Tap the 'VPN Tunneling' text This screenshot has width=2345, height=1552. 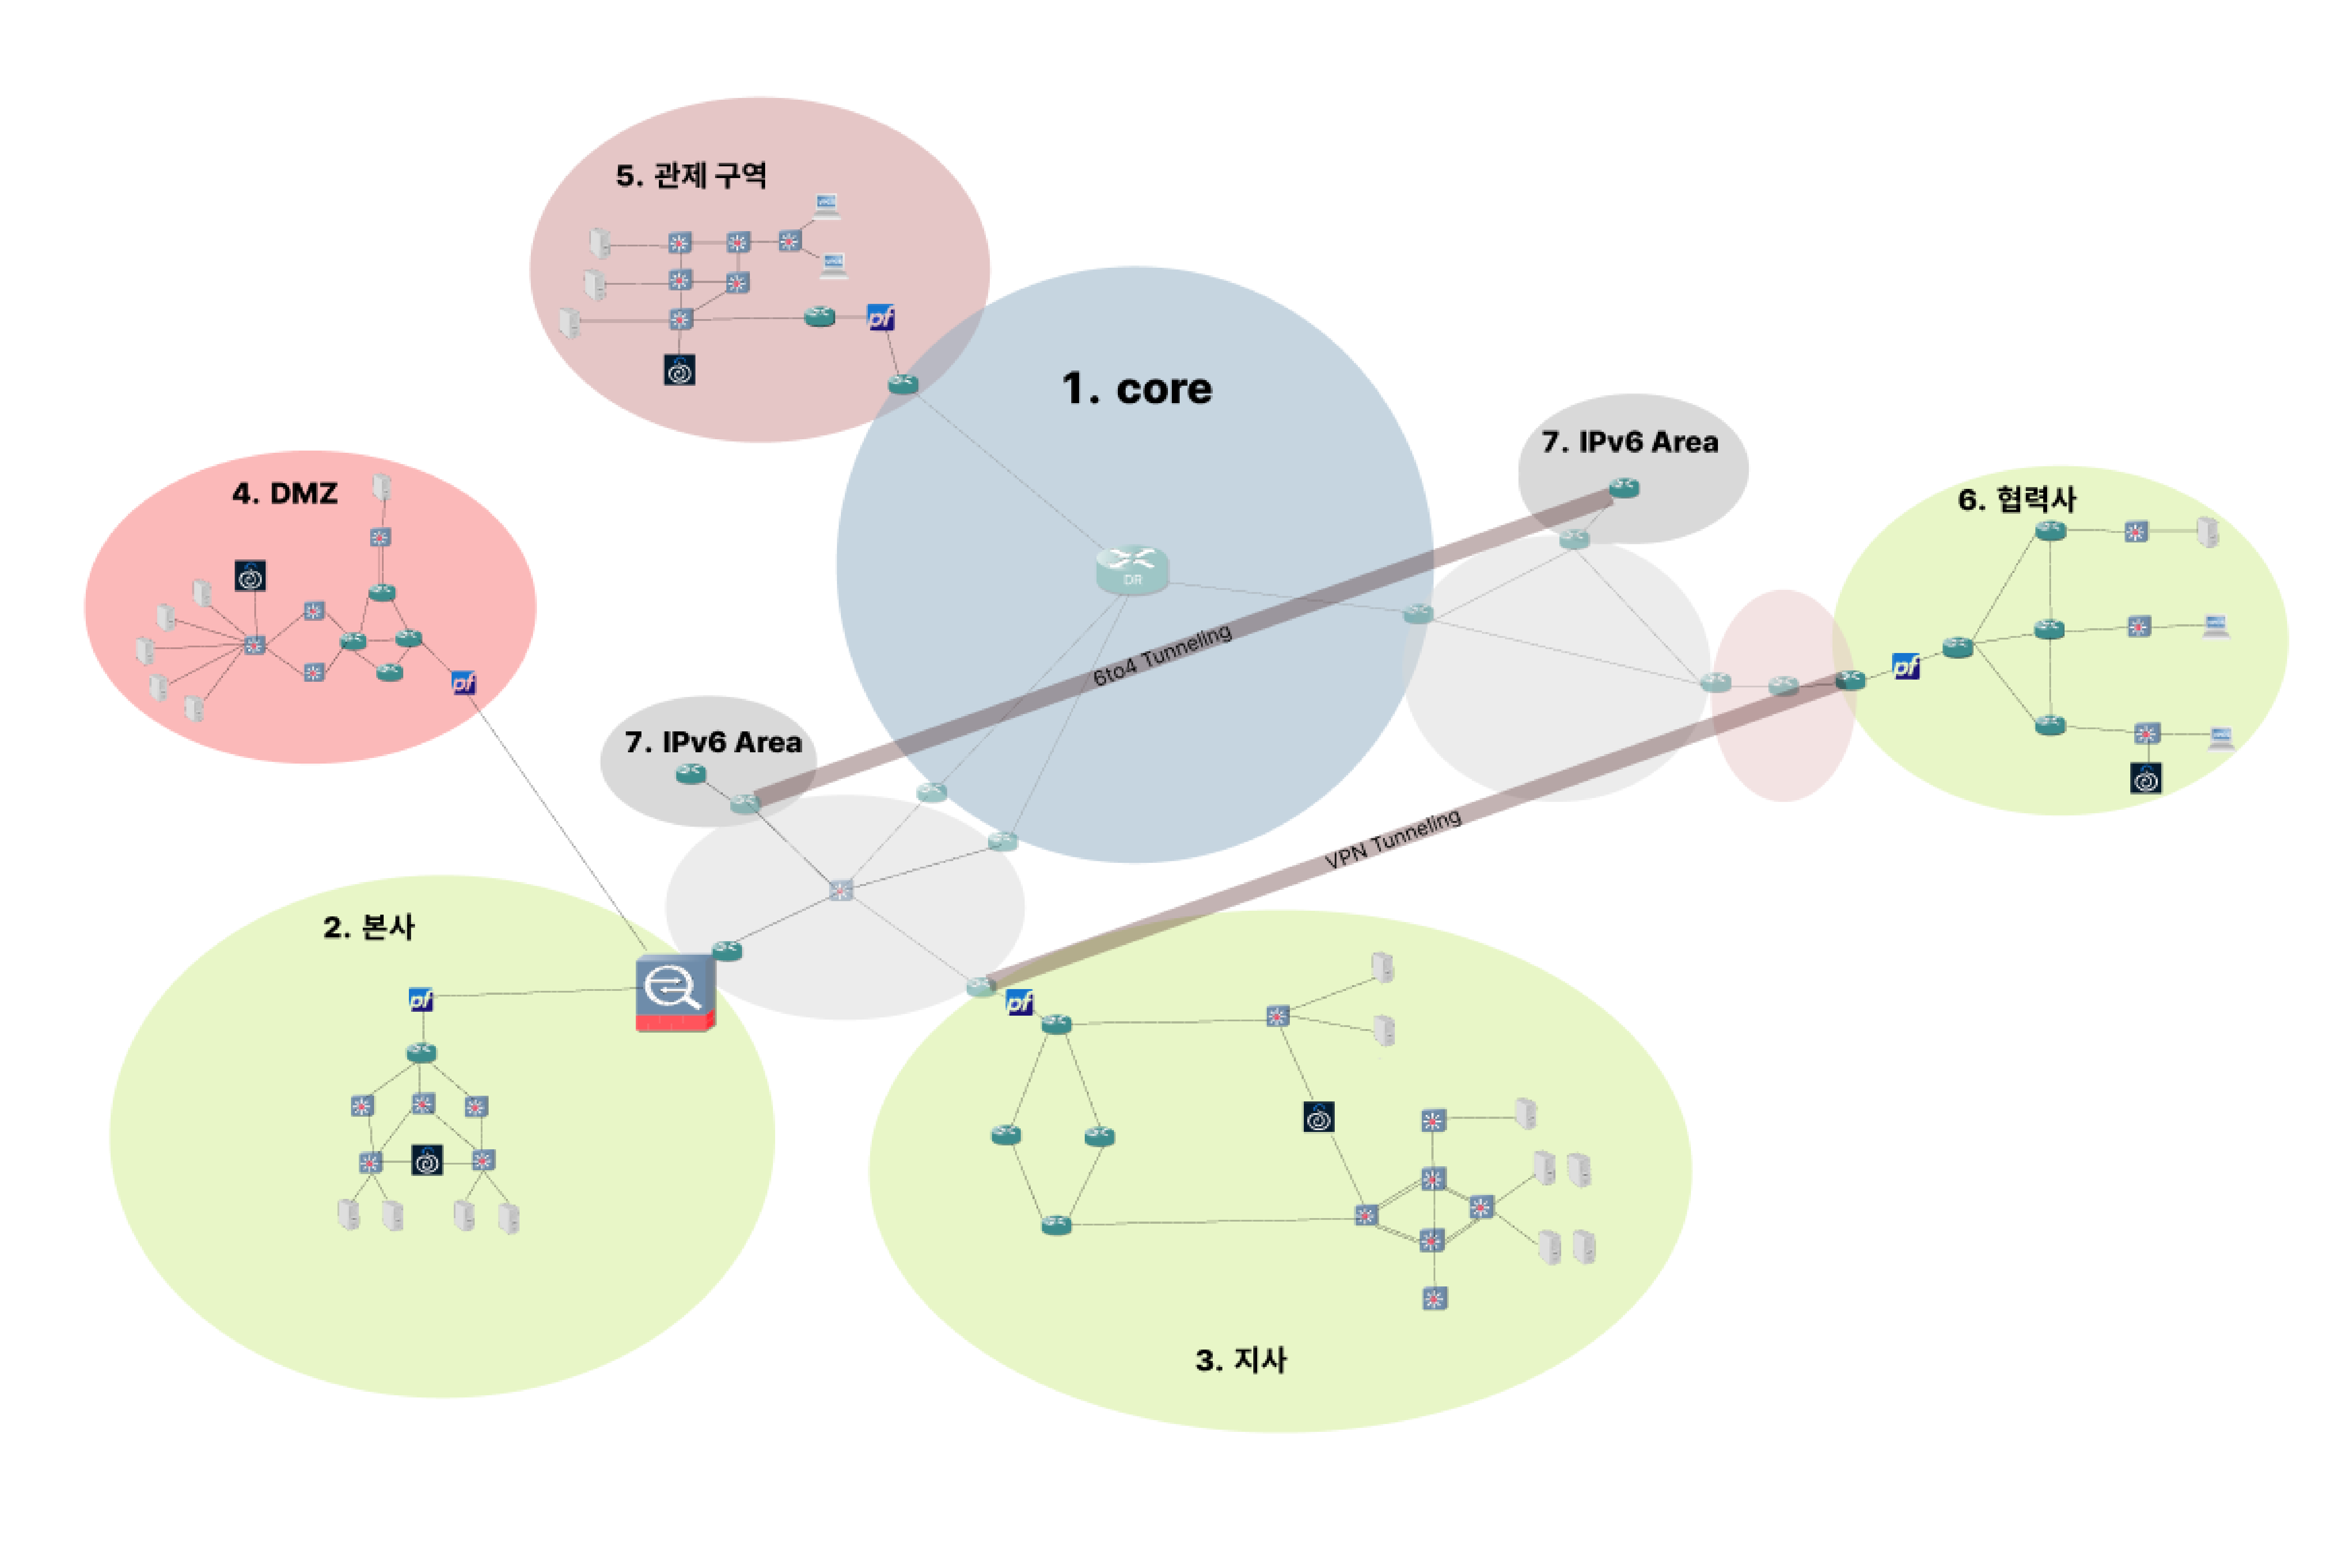pyautogui.click(x=1392, y=839)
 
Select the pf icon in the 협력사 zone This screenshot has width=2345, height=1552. pyautogui.click(x=1906, y=666)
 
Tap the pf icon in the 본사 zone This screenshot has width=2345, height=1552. pyautogui.click(x=421, y=1000)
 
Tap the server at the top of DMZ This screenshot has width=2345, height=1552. pyautogui.click(x=381, y=486)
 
